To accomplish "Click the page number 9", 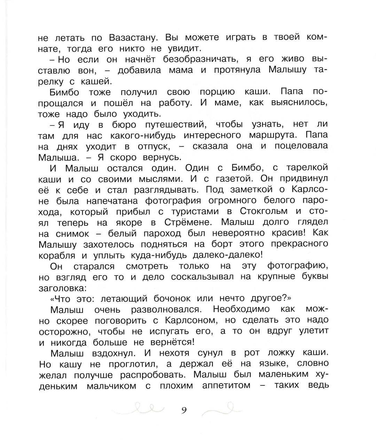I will click(184, 410).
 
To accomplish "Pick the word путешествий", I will click(174, 125).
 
